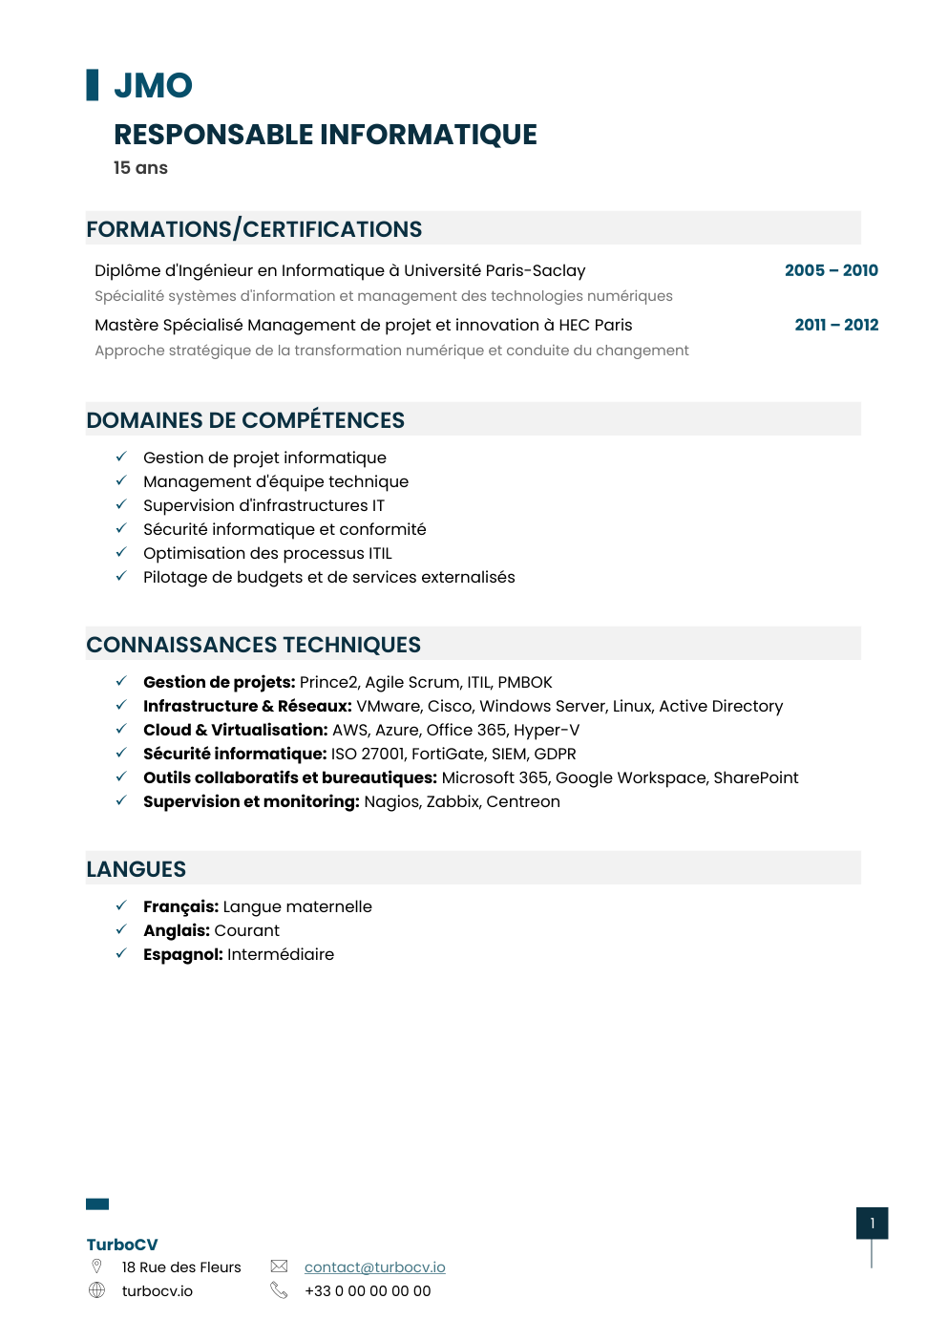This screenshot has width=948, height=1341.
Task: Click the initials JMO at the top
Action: tap(153, 86)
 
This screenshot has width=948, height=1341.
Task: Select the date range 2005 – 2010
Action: tap(831, 270)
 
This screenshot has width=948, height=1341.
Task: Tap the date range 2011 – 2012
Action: tap(836, 325)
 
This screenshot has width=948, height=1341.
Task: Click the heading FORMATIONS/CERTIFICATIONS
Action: tap(254, 229)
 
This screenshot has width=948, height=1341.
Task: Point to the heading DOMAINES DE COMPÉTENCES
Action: tap(245, 420)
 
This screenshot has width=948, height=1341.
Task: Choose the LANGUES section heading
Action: tap(137, 869)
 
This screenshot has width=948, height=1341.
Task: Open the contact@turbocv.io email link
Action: tap(374, 1267)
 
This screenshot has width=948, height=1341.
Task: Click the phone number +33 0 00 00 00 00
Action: tap(368, 1291)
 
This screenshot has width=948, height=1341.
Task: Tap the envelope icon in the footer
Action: tap(279, 1266)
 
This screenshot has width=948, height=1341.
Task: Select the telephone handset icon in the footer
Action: tap(279, 1290)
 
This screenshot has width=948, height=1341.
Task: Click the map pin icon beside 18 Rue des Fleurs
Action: tap(96, 1266)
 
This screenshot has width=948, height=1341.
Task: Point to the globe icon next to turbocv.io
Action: tap(96, 1290)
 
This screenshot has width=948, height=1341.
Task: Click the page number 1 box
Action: tap(872, 1224)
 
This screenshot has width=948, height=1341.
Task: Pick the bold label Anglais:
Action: tap(177, 930)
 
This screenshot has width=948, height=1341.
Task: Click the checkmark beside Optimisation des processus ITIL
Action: tap(121, 553)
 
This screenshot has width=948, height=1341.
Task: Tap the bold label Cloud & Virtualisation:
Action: tap(235, 730)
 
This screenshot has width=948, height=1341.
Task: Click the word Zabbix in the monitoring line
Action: tap(452, 801)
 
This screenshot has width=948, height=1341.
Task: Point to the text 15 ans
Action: tap(140, 168)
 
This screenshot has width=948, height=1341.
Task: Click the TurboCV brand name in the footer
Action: tap(122, 1245)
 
